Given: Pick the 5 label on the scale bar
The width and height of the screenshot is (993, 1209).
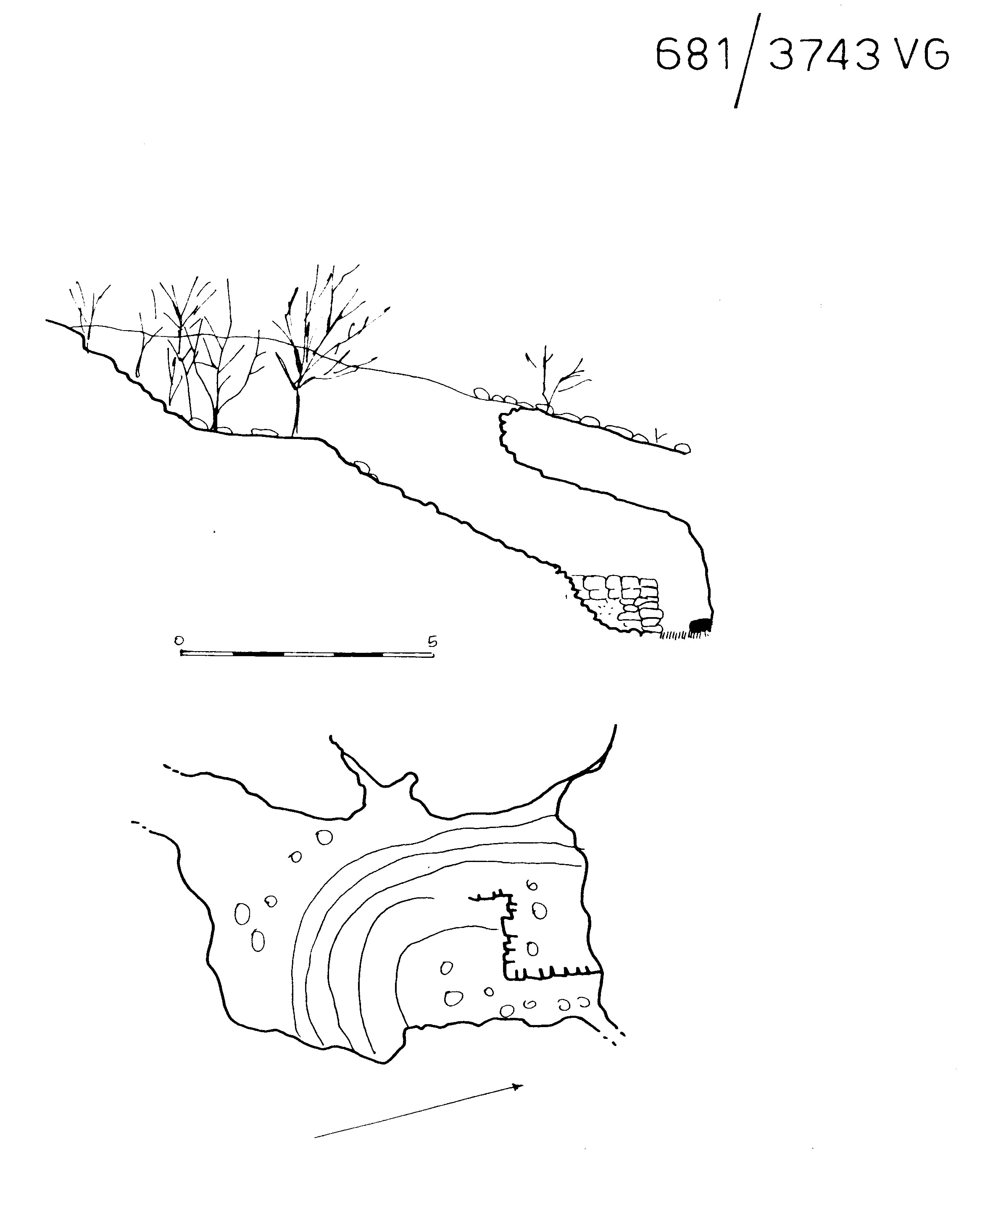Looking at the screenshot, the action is [x=432, y=641].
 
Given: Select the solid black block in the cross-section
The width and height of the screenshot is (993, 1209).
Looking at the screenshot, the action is [x=700, y=625].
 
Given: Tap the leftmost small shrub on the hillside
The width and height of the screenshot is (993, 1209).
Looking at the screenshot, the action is [x=89, y=312].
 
